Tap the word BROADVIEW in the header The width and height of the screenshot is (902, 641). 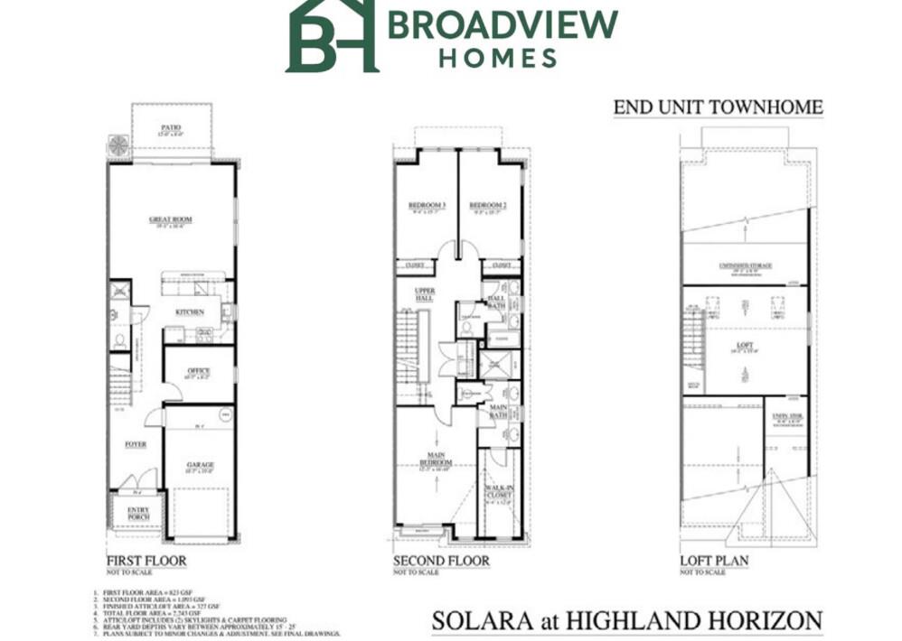503,23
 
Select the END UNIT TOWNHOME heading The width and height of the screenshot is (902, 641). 718,108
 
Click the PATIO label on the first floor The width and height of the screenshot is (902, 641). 172,127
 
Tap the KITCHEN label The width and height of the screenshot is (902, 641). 190,312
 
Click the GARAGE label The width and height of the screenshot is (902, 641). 201,465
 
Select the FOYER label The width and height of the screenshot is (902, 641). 136,444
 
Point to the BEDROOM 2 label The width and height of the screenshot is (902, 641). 488,206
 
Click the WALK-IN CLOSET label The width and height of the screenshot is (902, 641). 499,492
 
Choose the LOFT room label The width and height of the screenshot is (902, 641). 745,344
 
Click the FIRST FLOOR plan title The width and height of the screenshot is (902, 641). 146,561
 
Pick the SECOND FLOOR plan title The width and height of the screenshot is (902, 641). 441,561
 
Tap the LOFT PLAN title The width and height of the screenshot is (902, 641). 714,561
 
